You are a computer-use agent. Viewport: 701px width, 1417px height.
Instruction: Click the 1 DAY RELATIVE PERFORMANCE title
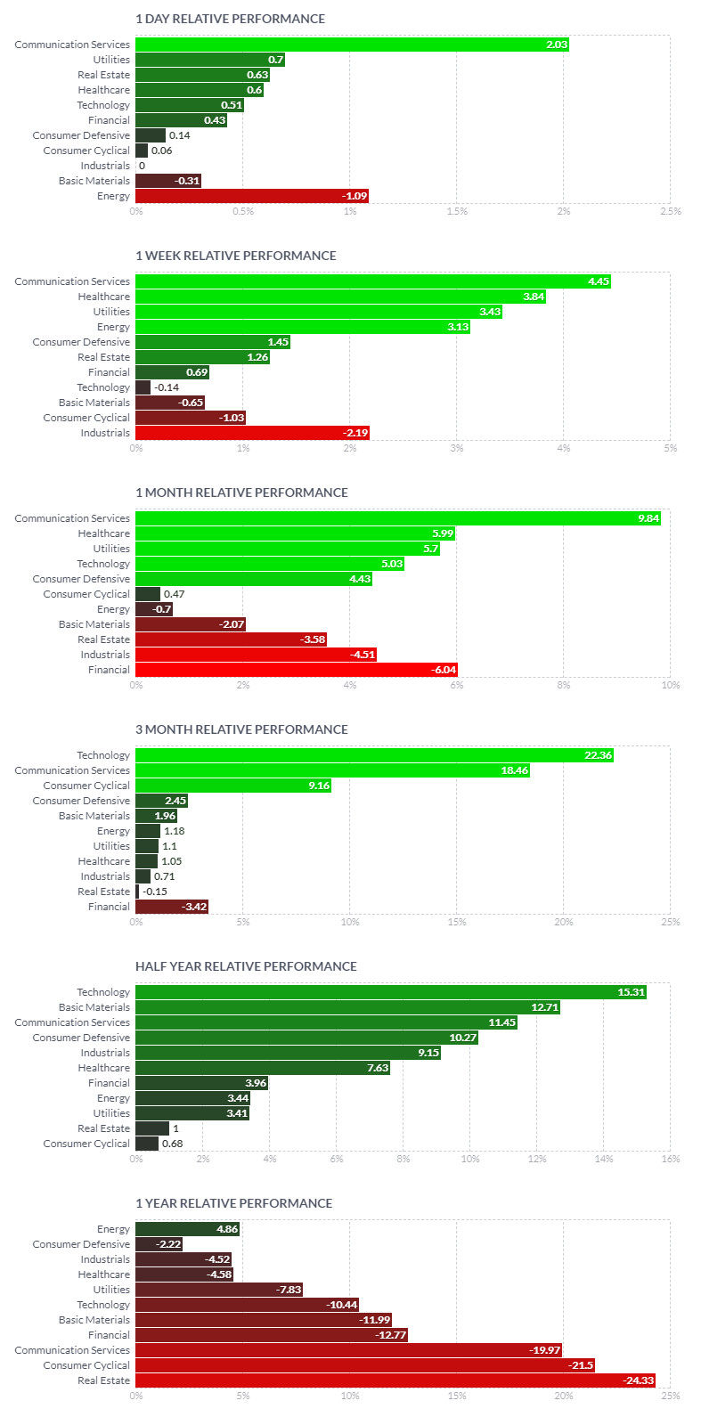pos(230,19)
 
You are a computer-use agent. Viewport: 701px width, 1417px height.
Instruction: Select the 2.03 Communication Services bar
pos(352,45)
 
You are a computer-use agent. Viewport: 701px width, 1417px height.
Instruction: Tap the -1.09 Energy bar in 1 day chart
pos(251,196)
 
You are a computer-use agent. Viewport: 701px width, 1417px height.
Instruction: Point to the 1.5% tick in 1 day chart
pos(457,212)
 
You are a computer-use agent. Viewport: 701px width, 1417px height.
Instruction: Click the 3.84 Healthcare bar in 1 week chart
pos(340,297)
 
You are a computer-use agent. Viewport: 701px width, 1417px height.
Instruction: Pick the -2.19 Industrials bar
pos(252,433)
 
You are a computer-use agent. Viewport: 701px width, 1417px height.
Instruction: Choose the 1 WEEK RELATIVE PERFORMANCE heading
pos(235,256)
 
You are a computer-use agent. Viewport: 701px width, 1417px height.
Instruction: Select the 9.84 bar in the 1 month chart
pos(397,518)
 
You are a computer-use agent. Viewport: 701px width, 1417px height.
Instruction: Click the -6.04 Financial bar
pos(296,670)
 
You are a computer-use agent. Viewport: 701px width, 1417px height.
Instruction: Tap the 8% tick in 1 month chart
pos(564,686)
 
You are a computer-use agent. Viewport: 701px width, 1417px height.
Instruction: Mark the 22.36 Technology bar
pos(374,755)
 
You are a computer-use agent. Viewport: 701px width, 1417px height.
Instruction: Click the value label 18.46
pos(514,770)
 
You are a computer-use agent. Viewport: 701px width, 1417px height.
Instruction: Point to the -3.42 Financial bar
pos(171,907)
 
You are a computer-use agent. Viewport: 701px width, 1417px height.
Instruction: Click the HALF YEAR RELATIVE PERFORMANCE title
pos(246,966)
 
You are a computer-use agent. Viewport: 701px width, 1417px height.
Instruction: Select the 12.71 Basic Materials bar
pos(347,1007)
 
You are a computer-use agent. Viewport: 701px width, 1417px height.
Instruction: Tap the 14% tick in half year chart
pos(603,1160)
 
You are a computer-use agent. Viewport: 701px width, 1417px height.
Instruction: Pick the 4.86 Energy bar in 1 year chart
pos(187,1229)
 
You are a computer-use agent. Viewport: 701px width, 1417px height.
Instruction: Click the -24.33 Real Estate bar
pos(395,1380)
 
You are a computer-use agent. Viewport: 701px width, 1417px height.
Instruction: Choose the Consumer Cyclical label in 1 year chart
pos(86,1365)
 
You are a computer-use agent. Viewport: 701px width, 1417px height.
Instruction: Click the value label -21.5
pos(581,1365)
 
